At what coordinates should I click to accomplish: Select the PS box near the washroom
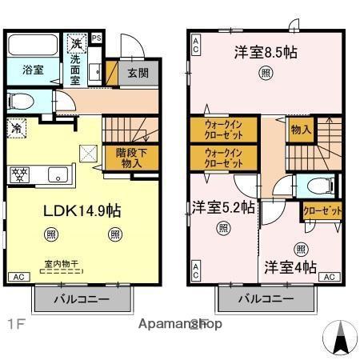click(97, 38)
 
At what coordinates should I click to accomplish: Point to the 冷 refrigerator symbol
click(16, 128)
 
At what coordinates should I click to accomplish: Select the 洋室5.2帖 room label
click(223, 208)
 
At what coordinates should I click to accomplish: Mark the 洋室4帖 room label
click(290, 267)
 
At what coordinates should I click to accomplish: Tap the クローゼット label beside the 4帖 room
click(322, 211)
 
